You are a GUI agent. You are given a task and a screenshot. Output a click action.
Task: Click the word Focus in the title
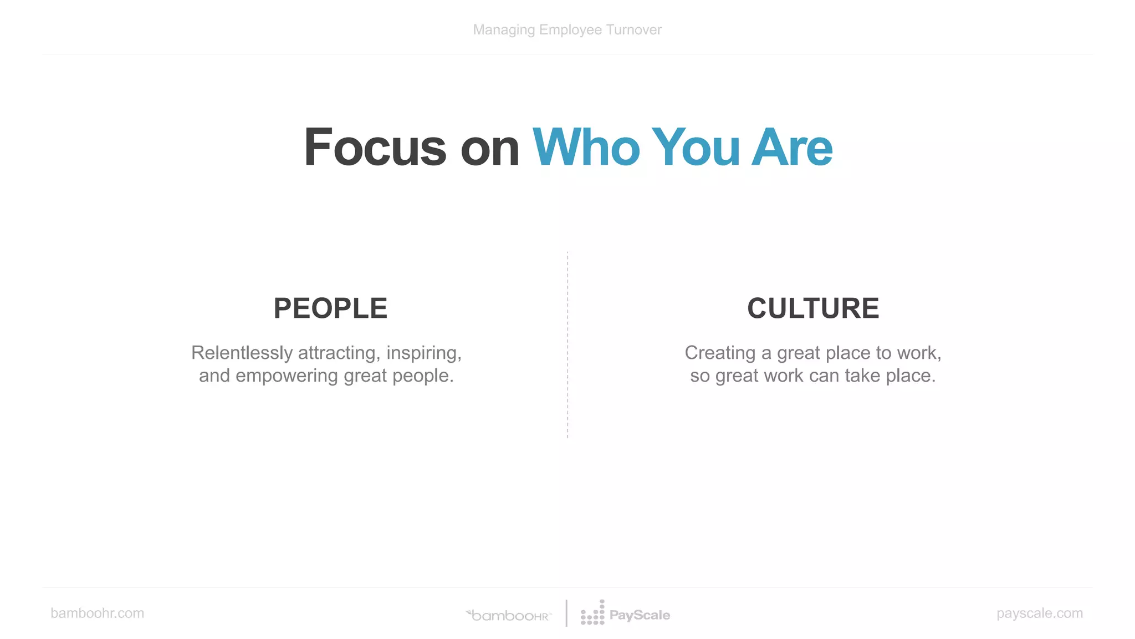pyautogui.click(x=375, y=148)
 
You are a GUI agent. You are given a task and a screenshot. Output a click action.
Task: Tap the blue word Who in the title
pyautogui.click(x=586, y=148)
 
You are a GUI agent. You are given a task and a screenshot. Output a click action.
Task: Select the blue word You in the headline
pyautogui.click(x=696, y=148)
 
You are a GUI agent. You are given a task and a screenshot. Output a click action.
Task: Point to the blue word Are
pyautogui.click(x=792, y=148)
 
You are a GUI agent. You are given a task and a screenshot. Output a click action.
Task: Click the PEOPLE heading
pyautogui.click(x=330, y=308)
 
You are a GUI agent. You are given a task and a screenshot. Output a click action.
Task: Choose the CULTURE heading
pyautogui.click(x=813, y=308)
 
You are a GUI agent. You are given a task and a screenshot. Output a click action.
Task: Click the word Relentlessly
pyautogui.click(x=242, y=353)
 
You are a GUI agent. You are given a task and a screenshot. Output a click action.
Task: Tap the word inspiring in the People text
pyautogui.click(x=424, y=353)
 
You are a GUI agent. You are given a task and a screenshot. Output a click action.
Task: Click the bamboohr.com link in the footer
pyautogui.click(x=98, y=613)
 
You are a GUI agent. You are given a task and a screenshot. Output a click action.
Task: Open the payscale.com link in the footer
pyautogui.click(x=1039, y=613)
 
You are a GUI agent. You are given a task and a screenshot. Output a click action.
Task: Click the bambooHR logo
pyautogui.click(x=509, y=615)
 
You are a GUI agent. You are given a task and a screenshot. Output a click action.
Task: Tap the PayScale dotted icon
pyautogui.click(x=592, y=613)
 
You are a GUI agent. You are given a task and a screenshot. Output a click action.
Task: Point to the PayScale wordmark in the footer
pyautogui.click(x=640, y=615)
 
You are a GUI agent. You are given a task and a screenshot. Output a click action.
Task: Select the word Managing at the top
pyautogui.click(x=504, y=30)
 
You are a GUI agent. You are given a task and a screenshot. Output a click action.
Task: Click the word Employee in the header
pyautogui.click(x=570, y=30)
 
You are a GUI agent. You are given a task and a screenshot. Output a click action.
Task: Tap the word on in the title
pyautogui.click(x=489, y=148)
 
